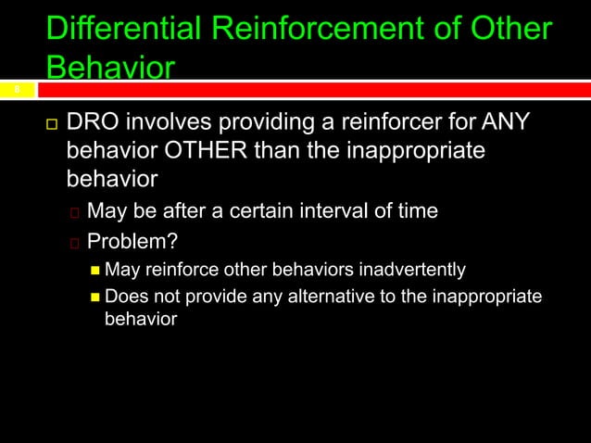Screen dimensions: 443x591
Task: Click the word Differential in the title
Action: coord(123,29)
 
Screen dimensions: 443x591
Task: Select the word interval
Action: coord(327,211)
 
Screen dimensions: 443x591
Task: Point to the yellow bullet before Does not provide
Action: coord(95,297)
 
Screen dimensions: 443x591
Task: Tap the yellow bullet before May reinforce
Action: coord(95,272)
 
